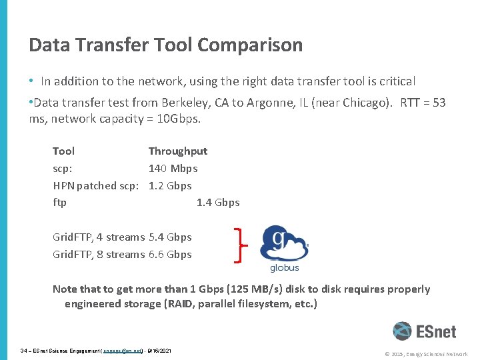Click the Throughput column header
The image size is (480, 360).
click(177, 151)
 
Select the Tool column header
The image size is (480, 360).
click(63, 151)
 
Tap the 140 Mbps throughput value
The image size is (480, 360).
click(173, 169)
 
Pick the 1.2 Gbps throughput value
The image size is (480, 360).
click(170, 186)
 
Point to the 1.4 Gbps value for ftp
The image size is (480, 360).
click(218, 203)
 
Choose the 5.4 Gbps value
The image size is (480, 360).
click(170, 237)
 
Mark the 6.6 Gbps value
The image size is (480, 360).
click(170, 255)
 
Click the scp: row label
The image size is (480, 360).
click(63, 169)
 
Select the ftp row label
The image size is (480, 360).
click(59, 203)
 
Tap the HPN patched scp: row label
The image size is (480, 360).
click(98, 186)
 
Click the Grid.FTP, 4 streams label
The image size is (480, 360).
click(99, 237)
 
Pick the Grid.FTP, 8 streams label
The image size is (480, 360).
click(99, 255)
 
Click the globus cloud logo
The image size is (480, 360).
click(284, 244)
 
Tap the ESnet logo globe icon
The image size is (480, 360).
click(402, 331)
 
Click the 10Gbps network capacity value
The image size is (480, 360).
click(178, 119)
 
